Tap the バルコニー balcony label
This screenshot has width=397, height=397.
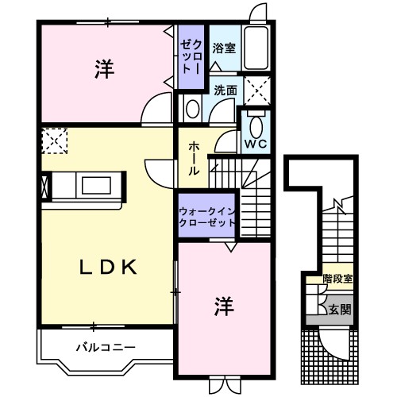[x=106, y=347]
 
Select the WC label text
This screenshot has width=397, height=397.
[x=254, y=144]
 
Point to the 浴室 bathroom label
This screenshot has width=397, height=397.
[x=223, y=48]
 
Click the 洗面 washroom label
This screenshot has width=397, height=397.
[x=225, y=91]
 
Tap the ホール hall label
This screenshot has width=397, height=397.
[x=194, y=159]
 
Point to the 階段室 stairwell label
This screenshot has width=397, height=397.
[x=338, y=279]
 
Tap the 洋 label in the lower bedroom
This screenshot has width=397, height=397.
[x=224, y=306]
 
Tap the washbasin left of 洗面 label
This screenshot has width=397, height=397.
[x=193, y=107]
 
